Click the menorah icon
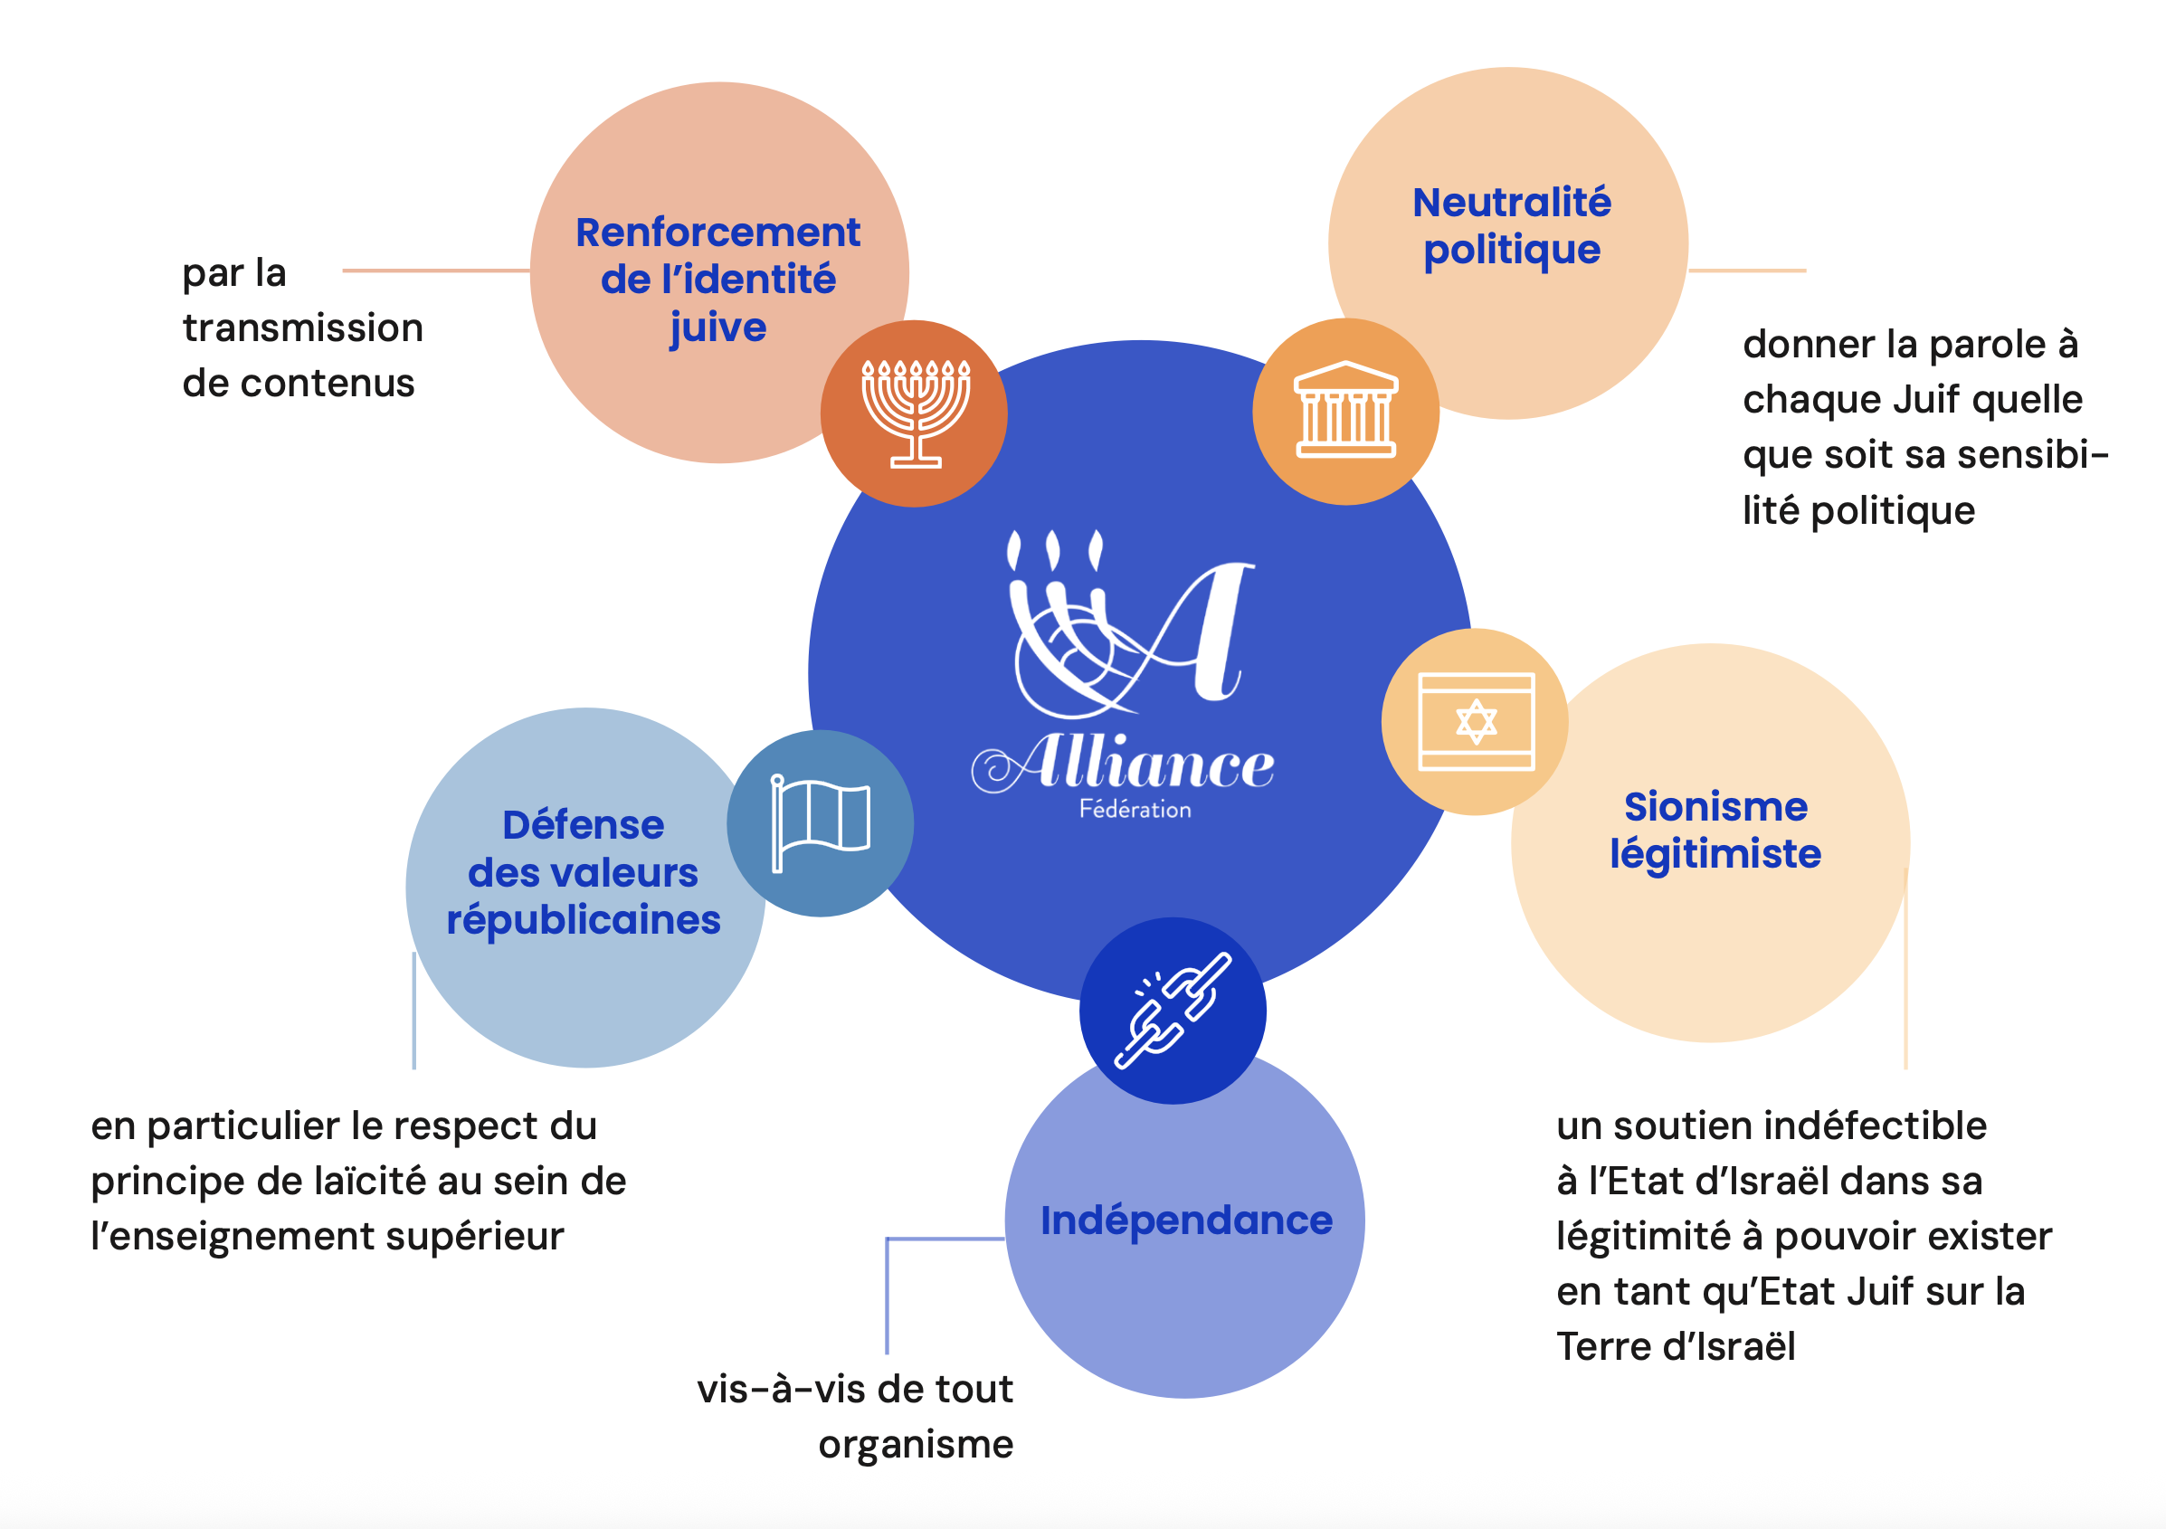click(x=915, y=414)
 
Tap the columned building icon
click(x=1345, y=412)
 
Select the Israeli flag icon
click(x=1476, y=722)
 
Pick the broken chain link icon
click(x=1173, y=1011)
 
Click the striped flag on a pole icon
click(x=820, y=823)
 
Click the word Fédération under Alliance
click(x=1135, y=810)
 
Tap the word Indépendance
click(x=1186, y=1220)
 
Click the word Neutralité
click(x=1511, y=203)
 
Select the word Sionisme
click(x=1715, y=806)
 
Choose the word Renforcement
click(x=717, y=232)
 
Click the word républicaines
click(x=583, y=921)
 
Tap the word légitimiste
click(x=1715, y=854)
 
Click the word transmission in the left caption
click(x=303, y=328)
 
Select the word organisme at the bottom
click(x=915, y=1444)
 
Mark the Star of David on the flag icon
click(x=1477, y=722)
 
